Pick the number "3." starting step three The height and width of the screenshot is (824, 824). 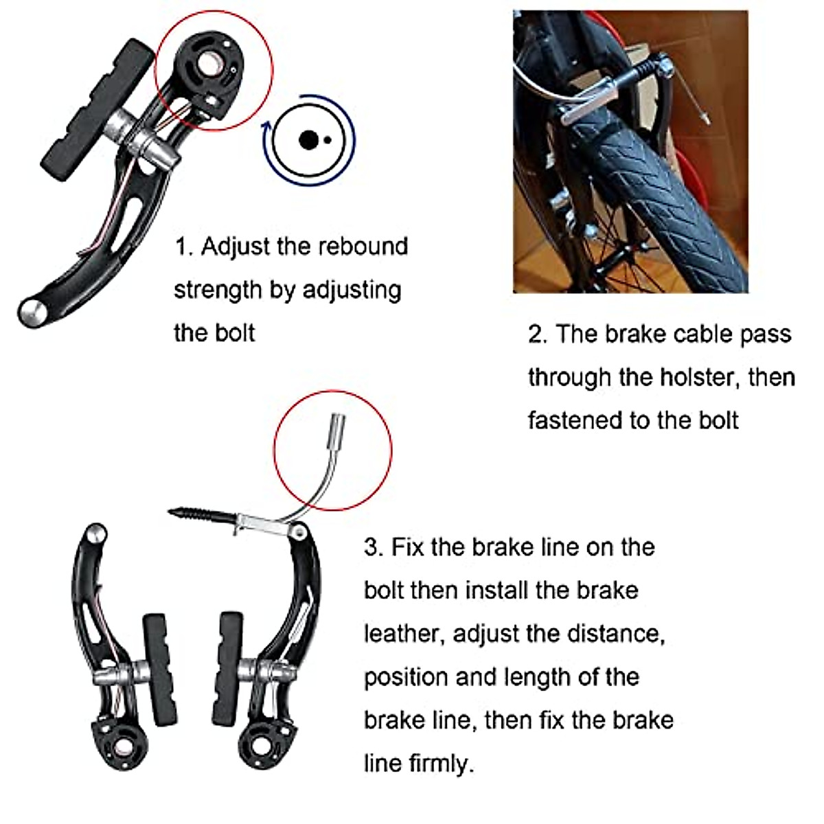tap(374, 547)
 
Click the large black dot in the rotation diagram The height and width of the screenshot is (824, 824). tap(308, 140)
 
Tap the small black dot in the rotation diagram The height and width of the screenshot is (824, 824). tap(328, 140)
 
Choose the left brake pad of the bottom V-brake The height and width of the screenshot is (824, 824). tap(159, 669)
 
